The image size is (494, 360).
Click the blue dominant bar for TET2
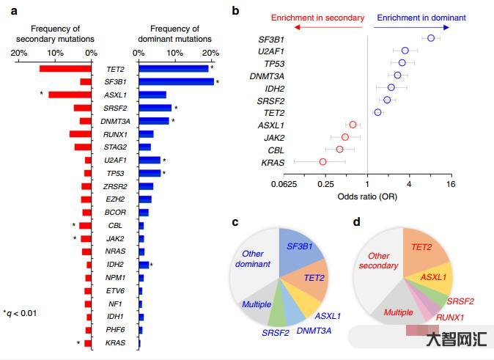[x=173, y=68]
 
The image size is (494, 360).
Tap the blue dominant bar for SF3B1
[x=176, y=81]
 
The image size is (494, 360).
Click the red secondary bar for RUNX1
[x=80, y=134]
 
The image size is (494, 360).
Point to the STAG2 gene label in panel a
[x=115, y=147]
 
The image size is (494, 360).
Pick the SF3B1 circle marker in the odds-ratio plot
[x=431, y=38]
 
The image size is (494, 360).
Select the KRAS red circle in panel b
[x=322, y=162]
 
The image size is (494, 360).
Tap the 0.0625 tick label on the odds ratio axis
[x=284, y=185]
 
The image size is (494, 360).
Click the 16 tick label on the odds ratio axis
[x=450, y=185]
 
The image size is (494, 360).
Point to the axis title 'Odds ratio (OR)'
[x=367, y=196]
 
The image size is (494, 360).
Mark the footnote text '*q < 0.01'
[x=20, y=314]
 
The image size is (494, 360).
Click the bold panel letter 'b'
[x=256, y=10]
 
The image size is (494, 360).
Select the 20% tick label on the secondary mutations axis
[x=20, y=53]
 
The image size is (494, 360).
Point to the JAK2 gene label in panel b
[x=275, y=138]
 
